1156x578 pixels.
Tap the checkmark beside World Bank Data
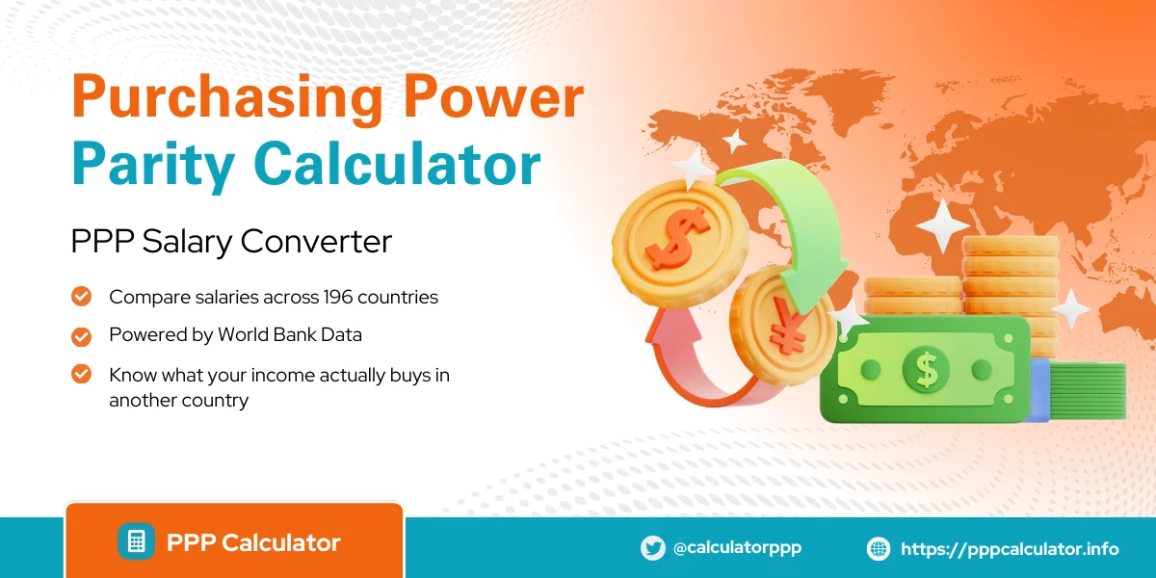point(82,335)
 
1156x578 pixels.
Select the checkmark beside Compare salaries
point(82,297)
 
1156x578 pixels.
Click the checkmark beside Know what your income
point(82,374)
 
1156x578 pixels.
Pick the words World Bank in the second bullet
point(266,335)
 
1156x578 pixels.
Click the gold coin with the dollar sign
point(678,237)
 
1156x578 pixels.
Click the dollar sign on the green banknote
point(925,369)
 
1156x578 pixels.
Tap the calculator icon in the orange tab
point(136,541)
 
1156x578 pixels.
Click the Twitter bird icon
point(652,548)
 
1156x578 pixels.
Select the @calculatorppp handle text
point(737,547)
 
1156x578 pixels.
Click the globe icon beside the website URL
point(879,549)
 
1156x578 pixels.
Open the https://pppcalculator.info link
point(1010,549)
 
